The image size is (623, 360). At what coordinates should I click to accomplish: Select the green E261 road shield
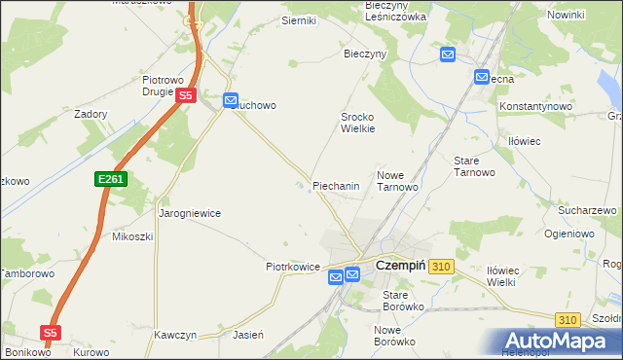pyautogui.click(x=111, y=180)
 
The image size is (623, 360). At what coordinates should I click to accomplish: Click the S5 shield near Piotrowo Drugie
pyautogui.click(x=187, y=95)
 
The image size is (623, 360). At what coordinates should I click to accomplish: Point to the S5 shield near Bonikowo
pyautogui.click(x=52, y=332)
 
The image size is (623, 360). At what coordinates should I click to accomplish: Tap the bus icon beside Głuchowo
pyautogui.click(x=231, y=100)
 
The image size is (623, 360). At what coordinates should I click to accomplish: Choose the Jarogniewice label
pyautogui.click(x=190, y=213)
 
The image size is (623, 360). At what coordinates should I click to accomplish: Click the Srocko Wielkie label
pyautogui.click(x=357, y=122)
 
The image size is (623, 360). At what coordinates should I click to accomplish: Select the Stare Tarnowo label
pyautogui.click(x=475, y=165)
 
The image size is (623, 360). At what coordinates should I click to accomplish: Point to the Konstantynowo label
pyautogui.click(x=534, y=105)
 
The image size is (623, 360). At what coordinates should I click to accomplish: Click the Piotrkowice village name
pyautogui.click(x=294, y=266)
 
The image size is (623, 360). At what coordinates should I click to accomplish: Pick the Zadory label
pyautogui.click(x=91, y=113)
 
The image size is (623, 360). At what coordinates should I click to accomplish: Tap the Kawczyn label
pyautogui.click(x=175, y=335)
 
